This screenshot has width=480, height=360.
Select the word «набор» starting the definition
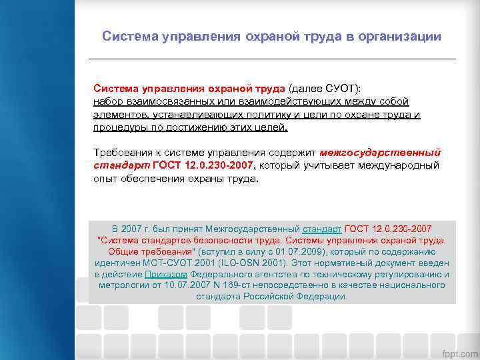click(x=108, y=101)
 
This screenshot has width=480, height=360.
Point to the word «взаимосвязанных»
click(x=175, y=101)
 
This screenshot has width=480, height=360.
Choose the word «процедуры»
click(x=119, y=127)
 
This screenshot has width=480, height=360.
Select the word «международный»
click(x=396, y=165)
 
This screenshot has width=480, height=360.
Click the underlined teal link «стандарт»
click(x=323, y=228)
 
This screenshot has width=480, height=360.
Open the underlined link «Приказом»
click(x=167, y=274)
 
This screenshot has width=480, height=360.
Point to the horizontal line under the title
click(x=272, y=59)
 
